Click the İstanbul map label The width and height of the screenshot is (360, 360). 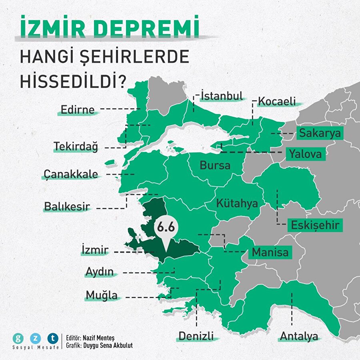pyautogui.click(x=222, y=96)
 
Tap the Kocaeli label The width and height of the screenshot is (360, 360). pyautogui.click(x=277, y=101)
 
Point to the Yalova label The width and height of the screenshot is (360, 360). pyautogui.click(x=306, y=154)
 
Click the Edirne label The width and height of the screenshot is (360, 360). pyautogui.click(x=78, y=110)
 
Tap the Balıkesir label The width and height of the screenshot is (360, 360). pyautogui.click(x=67, y=207)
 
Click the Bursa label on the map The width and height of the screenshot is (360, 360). pyautogui.click(x=215, y=165)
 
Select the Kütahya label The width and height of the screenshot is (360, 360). pyautogui.click(x=237, y=203)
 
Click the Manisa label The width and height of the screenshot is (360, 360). pyautogui.click(x=270, y=253)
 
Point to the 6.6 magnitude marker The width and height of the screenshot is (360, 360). pyautogui.click(x=165, y=227)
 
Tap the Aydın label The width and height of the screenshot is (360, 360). pyautogui.click(x=100, y=272)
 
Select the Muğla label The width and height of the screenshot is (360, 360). pyautogui.click(x=102, y=296)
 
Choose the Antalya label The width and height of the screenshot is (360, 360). pyautogui.click(x=298, y=336)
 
